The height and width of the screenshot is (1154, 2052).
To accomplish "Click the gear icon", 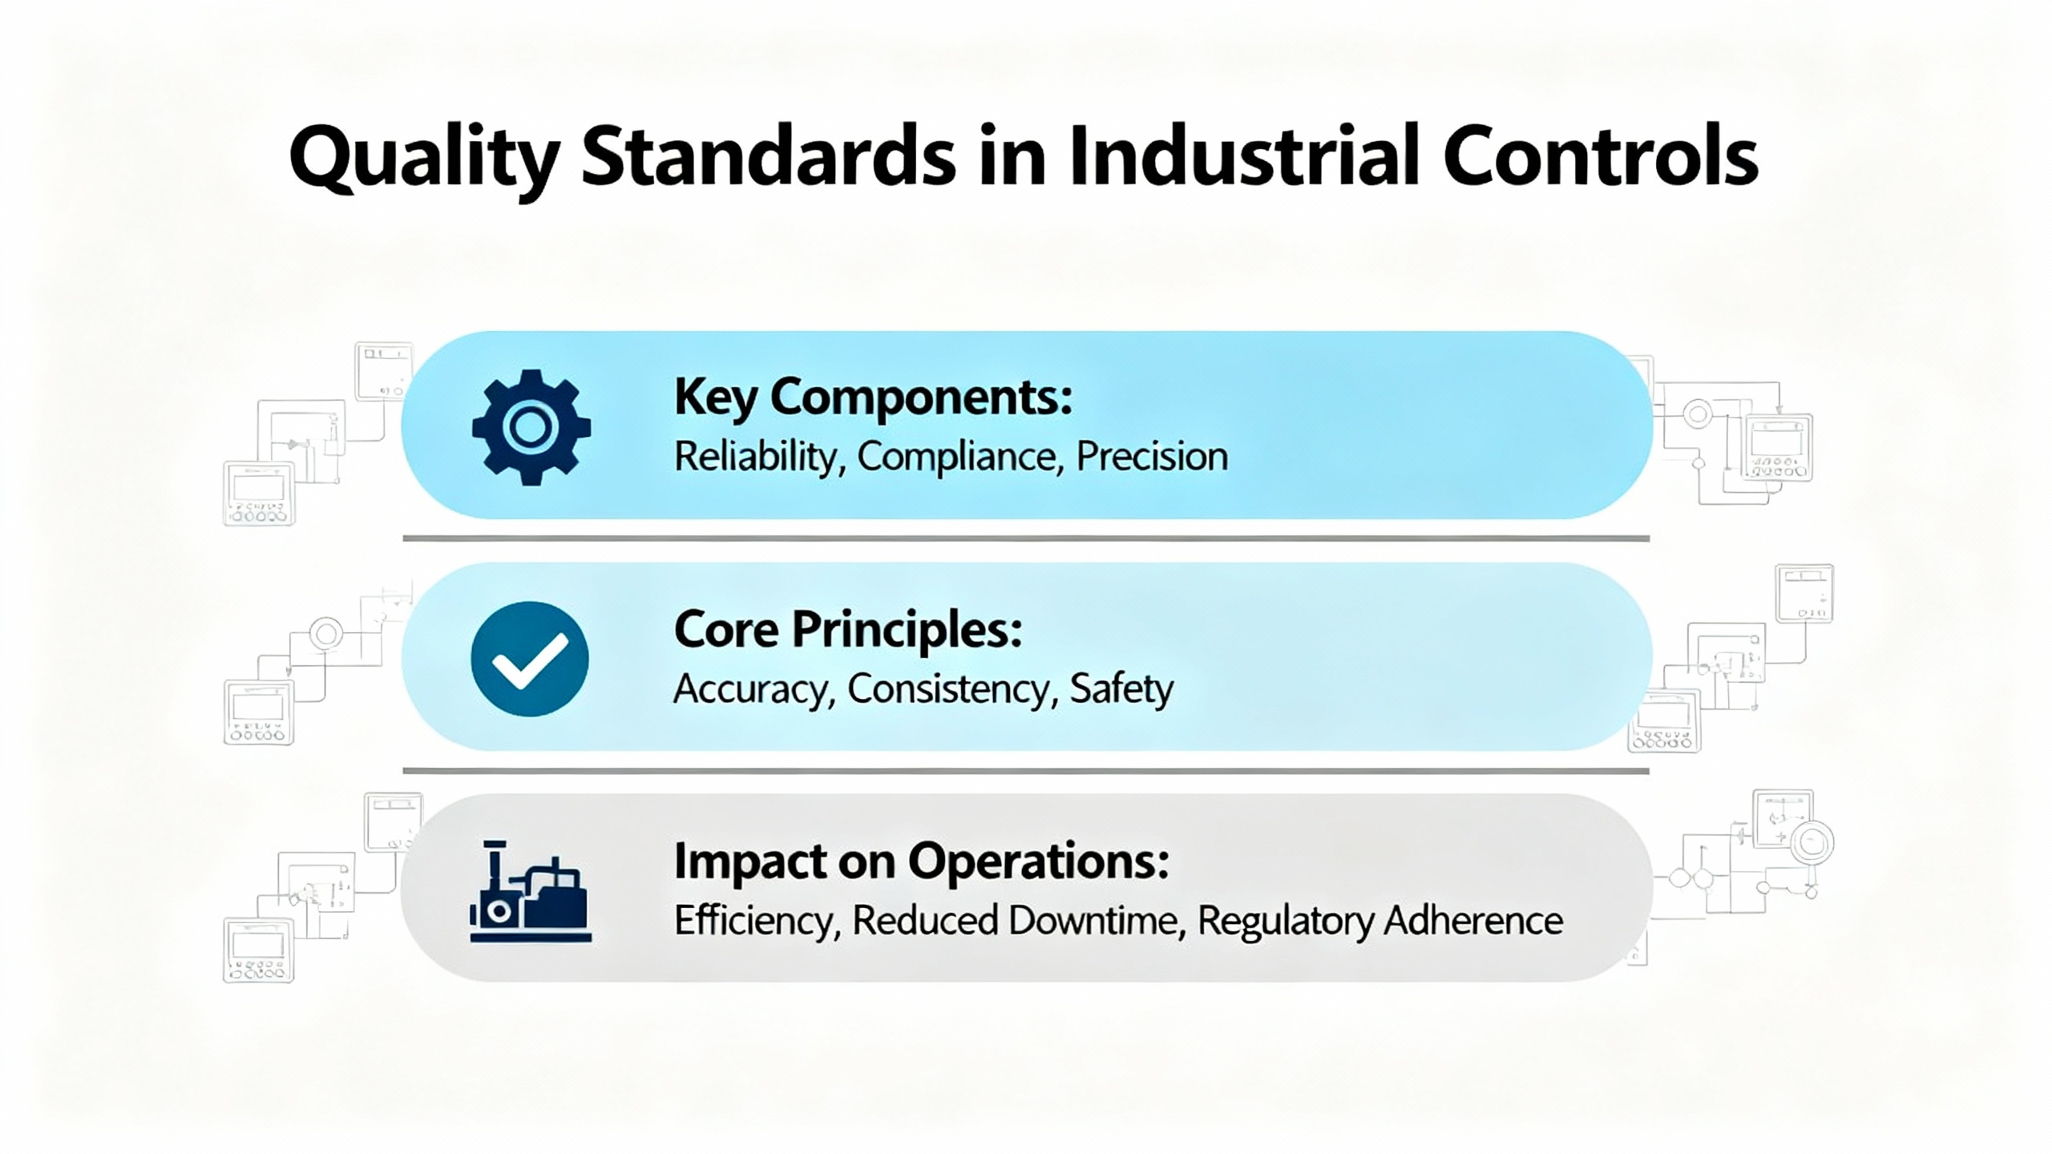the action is click(x=531, y=427).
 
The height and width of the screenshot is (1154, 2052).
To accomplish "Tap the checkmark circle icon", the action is click(x=530, y=659).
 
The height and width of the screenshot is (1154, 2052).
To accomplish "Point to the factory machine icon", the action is click(x=530, y=891).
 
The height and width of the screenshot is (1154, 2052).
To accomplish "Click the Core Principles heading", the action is click(x=848, y=631).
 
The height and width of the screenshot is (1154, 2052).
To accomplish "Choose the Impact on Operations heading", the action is click(x=922, y=863).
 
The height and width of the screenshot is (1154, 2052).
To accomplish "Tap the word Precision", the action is click(x=1152, y=457).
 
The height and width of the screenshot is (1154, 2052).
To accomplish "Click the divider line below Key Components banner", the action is click(x=1026, y=539).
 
